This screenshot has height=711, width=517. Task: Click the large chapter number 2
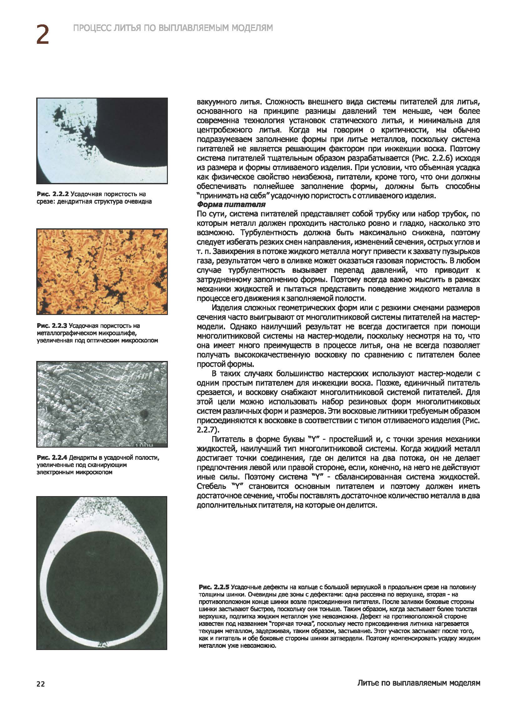click(43, 34)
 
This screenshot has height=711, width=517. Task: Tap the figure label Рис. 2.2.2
click(52, 194)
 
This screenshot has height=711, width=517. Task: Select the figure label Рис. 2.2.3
click(52, 326)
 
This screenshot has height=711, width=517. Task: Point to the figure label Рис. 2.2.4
click(52, 458)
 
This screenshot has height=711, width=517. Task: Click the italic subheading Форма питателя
click(231, 205)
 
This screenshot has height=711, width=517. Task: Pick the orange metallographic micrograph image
click(102, 272)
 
